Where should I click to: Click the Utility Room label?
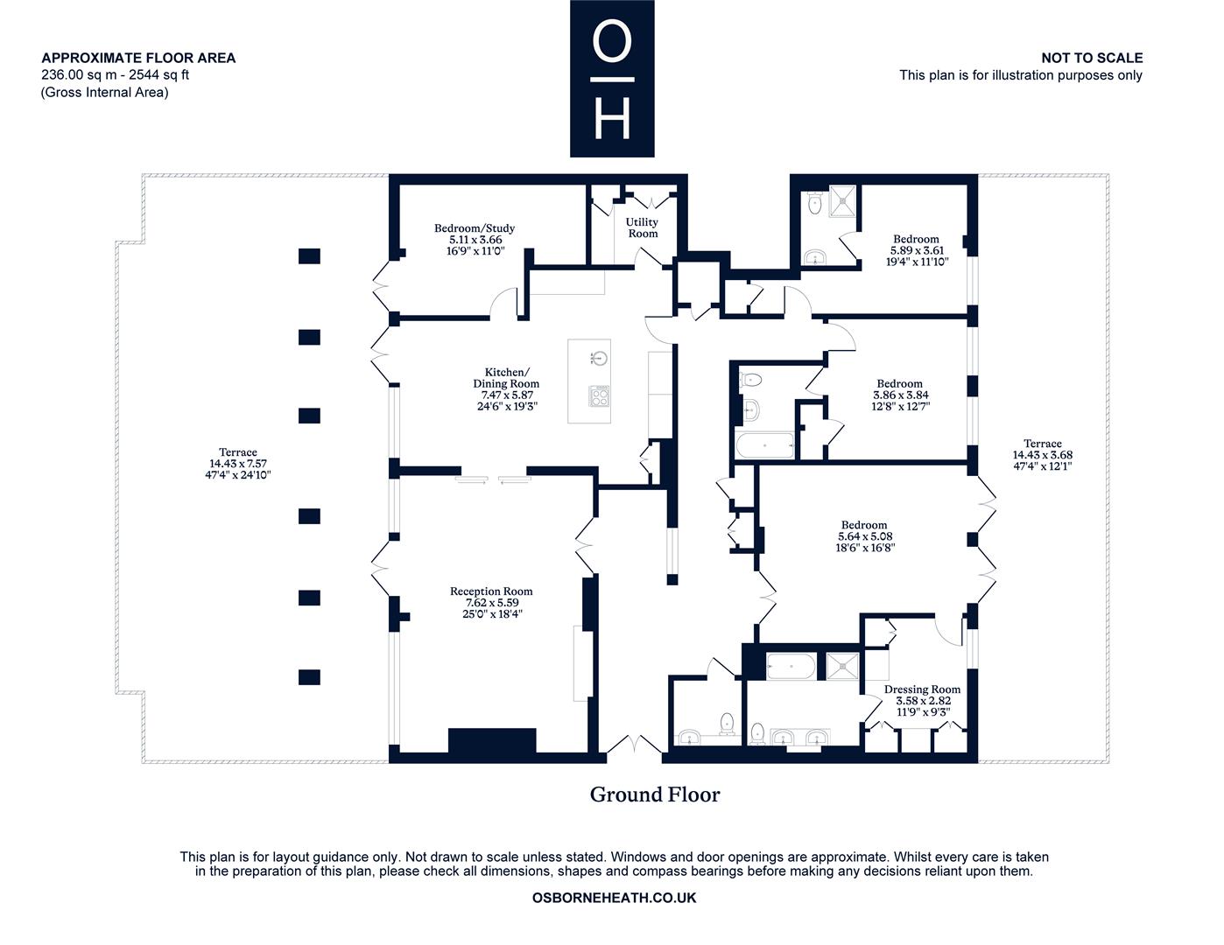[x=642, y=228]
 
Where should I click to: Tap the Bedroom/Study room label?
[x=475, y=228]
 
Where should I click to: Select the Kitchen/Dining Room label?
[x=506, y=378]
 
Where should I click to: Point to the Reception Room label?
[x=491, y=591]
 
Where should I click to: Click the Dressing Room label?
[x=922, y=689]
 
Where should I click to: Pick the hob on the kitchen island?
[x=599, y=396]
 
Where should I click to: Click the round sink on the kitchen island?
[x=601, y=357]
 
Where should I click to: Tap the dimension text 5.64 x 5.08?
[x=865, y=536]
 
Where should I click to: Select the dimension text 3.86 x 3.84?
[x=901, y=395]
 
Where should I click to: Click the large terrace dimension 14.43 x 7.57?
[x=238, y=464]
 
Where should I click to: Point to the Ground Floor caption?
[x=655, y=794]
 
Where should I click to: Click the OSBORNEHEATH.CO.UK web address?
[x=614, y=898]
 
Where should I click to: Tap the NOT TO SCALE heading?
[x=1092, y=58]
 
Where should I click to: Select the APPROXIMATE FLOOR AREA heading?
[x=138, y=58]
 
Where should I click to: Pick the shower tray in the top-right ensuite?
[x=842, y=201]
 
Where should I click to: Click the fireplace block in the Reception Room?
[x=492, y=740]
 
